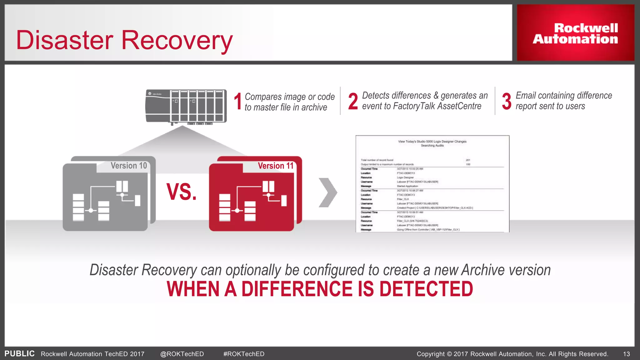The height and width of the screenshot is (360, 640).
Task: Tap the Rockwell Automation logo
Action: (575, 33)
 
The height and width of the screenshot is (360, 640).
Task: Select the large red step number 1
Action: (238, 102)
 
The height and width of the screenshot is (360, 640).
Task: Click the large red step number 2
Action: (353, 102)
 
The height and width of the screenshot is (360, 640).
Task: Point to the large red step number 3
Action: (507, 101)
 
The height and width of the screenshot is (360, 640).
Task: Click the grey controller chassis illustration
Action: (186, 106)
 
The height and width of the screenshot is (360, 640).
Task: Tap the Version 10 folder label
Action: (129, 166)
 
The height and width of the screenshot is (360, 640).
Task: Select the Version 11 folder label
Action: (276, 166)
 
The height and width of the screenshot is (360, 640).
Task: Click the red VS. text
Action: (182, 192)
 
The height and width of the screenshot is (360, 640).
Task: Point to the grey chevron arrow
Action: (328, 192)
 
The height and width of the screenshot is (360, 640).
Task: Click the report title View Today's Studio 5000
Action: (432, 142)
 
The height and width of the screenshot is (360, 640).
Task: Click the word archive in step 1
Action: (314, 107)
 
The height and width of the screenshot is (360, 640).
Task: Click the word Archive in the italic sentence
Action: (483, 270)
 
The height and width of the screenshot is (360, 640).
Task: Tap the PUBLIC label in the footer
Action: (19, 354)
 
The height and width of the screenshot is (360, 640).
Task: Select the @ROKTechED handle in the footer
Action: (182, 354)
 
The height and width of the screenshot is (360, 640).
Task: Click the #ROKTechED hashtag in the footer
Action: (244, 354)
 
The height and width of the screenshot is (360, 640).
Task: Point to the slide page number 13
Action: (626, 354)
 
